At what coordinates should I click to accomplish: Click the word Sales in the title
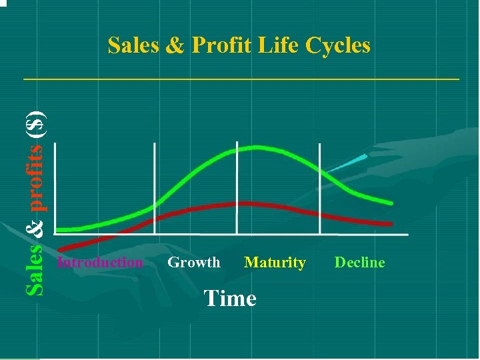[x=133, y=45]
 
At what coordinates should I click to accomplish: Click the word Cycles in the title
[x=338, y=45]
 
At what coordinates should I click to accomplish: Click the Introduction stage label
[x=100, y=262]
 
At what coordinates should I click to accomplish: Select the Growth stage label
[x=193, y=262]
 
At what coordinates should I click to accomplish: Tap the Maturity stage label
[x=275, y=262]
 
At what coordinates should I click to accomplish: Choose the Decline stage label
[x=359, y=262]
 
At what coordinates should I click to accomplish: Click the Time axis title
[x=230, y=298]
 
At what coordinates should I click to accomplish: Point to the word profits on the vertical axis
[x=37, y=175]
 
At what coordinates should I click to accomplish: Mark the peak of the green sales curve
[x=253, y=148]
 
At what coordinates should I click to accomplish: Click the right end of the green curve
[x=391, y=203]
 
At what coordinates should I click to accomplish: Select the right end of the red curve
[x=391, y=224]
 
